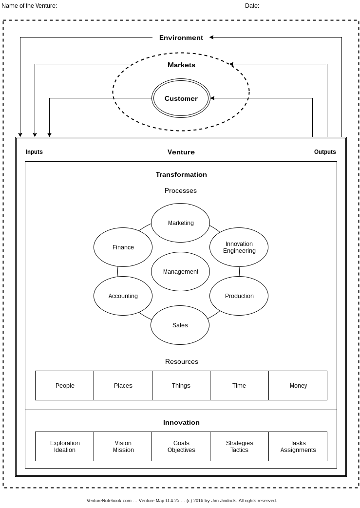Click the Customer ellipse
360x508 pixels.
point(181,98)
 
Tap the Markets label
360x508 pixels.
point(181,65)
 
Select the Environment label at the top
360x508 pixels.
point(181,38)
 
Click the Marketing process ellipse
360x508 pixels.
point(181,223)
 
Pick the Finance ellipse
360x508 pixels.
point(123,247)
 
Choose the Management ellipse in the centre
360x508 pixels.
point(180,272)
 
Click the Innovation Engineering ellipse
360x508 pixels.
point(239,247)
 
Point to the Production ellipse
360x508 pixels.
point(239,296)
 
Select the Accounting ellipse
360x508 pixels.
point(123,296)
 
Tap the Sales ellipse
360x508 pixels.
point(180,325)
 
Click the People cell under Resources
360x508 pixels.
point(65,386)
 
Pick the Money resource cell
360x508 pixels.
point(298,386)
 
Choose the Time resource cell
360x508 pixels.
point(239,386)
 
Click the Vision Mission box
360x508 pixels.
point(123,447)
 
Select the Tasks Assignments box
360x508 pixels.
point(298,447)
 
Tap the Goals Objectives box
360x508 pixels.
point(181,447)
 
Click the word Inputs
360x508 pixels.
point(34,152)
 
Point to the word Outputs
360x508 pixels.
point(325,152)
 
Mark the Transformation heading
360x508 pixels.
point(181,174)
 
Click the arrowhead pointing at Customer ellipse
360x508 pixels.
point(212,98)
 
